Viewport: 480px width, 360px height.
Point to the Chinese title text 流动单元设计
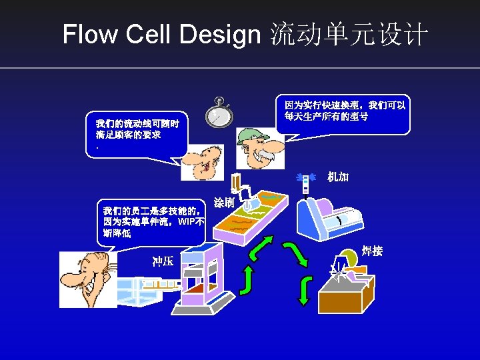pos(348,35)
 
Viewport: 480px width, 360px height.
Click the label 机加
pos(338,177)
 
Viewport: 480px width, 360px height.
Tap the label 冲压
pos(163,261)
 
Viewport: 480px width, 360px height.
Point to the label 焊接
pos(372,251)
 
